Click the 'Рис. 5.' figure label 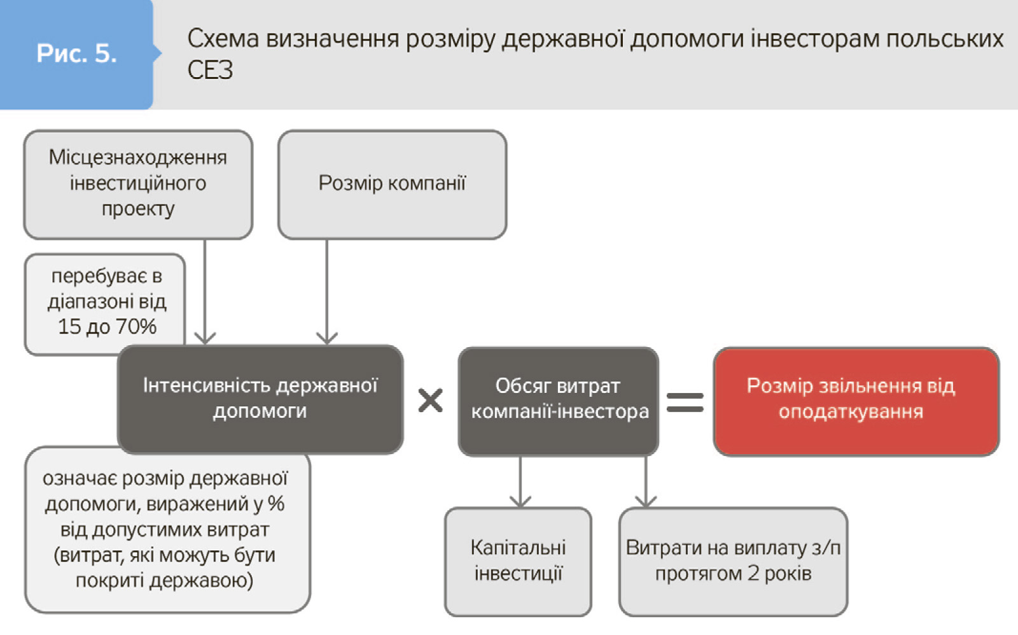pos(76,54)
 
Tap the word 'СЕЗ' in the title pos(210,70)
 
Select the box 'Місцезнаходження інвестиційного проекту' pos(138,184)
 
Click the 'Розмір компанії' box pos(392,184)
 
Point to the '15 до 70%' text pos(107,327)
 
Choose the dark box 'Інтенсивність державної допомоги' pos(260,399)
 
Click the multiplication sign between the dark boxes pos(430,401)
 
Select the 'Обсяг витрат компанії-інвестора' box pos(558,401)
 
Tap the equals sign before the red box pos(685,402)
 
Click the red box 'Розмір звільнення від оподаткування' pos(856,401)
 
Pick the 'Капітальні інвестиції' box pos(518,561)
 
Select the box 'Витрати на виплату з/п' pos(733,561)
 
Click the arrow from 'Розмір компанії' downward pos(327,293)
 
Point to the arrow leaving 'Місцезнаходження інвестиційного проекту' pos(205,293)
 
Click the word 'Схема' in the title pos(223,39)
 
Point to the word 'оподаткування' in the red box pos(851,412)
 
